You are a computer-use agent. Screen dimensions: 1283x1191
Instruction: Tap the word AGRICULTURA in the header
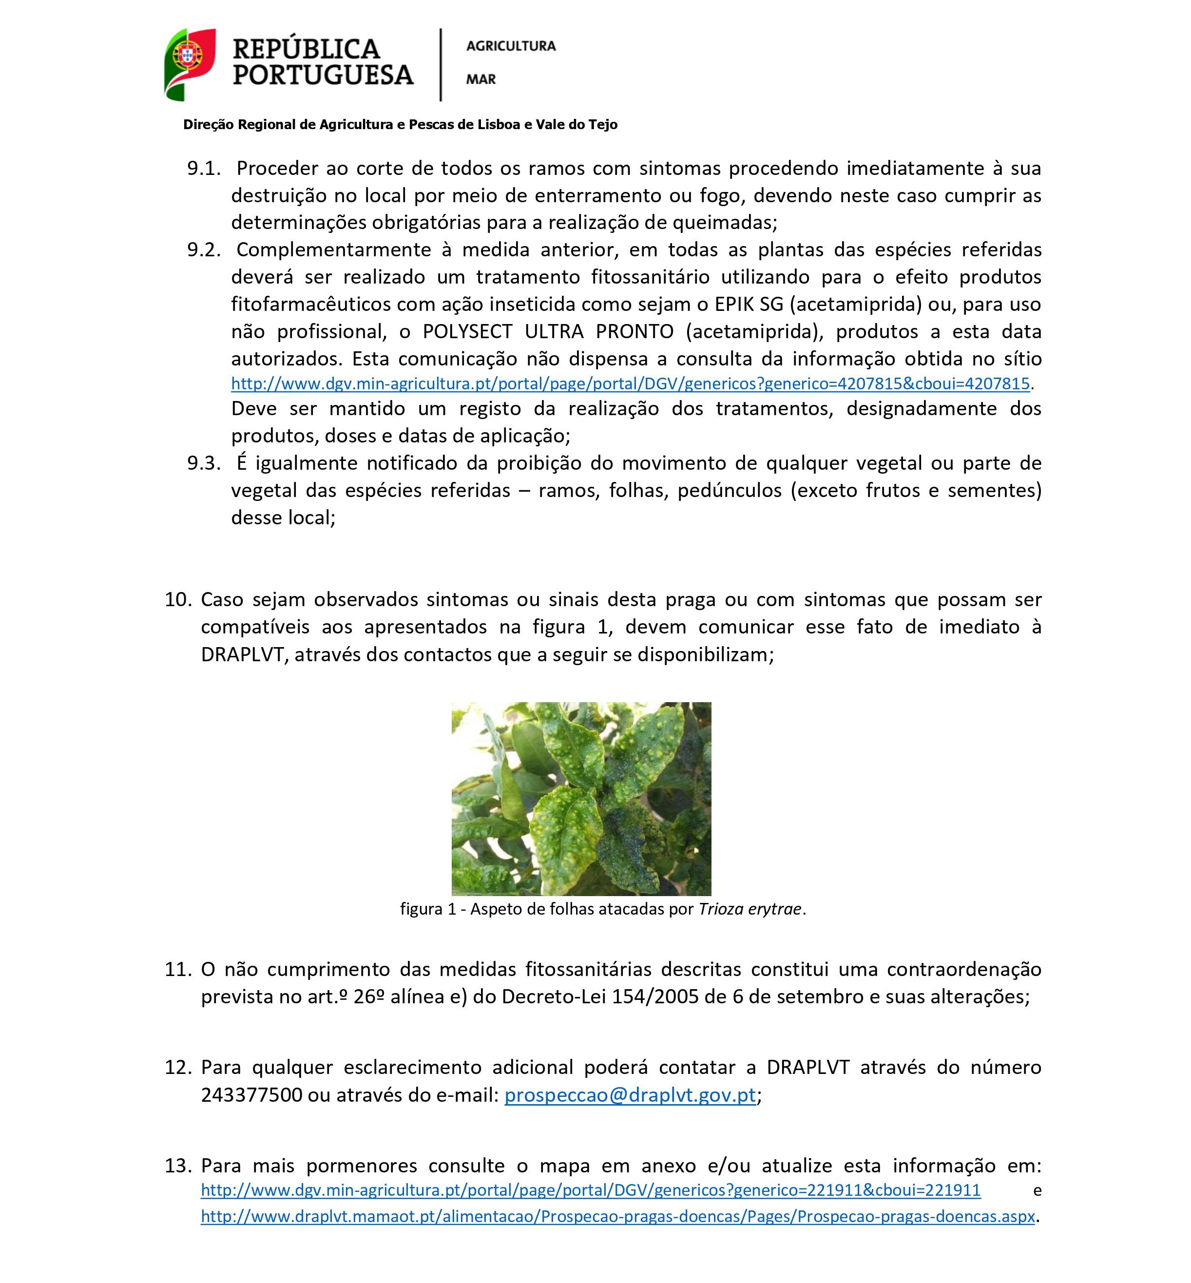(510, 46)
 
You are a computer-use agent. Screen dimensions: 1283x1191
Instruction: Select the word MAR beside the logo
(481, 79)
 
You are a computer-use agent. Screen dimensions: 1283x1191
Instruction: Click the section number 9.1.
(204, 169)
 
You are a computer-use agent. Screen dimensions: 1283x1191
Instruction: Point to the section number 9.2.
(204, 250)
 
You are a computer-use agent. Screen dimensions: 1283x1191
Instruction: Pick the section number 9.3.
(204, 463)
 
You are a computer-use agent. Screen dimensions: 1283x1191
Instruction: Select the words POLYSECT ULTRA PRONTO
(548, 332)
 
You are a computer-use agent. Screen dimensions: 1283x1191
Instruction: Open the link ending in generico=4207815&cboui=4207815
(630, 384)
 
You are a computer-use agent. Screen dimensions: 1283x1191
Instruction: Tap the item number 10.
(178, 600)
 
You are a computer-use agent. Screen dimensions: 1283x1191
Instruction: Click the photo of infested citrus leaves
(581, 799)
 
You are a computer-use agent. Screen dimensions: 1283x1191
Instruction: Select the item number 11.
(178, 970)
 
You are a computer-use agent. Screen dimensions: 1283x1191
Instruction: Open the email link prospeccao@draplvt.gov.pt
(630, 1095)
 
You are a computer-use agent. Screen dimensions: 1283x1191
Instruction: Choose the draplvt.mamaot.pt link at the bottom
(617, 1217)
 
